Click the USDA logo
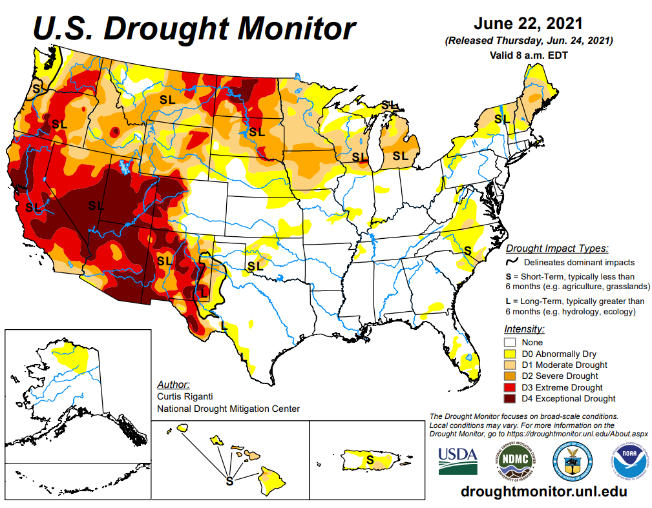(457, 460)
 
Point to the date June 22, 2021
(528, 24)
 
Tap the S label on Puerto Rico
(370, 460)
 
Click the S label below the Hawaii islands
(229, 481)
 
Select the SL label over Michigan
(401, 156)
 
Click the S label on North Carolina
(467, 250)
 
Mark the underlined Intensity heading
(523, 329)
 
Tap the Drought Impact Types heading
(556, 249)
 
